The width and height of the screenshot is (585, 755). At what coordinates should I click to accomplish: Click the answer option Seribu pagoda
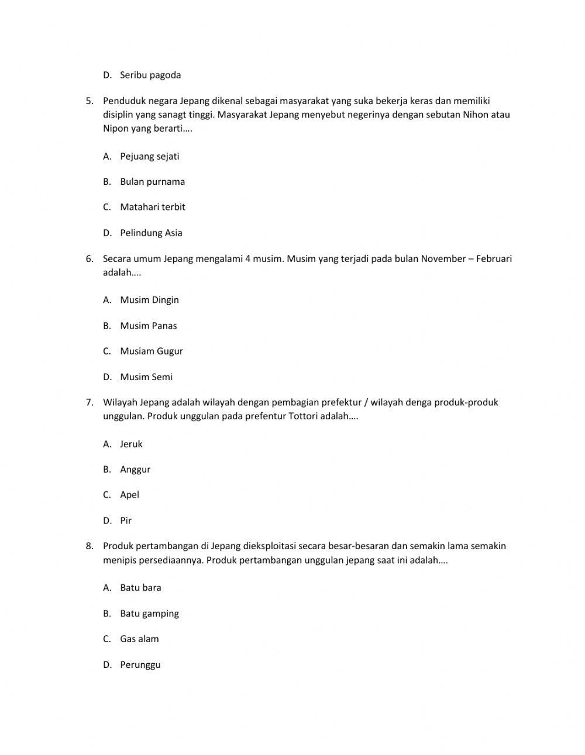tap(150, 75)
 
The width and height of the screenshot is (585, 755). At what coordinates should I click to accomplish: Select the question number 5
tap(89, 101)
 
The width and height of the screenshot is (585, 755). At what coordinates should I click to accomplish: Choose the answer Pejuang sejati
tap(149, 156)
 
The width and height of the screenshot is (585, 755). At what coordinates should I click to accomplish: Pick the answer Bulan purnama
tap(152, 181)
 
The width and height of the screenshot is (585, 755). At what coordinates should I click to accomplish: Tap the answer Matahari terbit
tap(152, 207)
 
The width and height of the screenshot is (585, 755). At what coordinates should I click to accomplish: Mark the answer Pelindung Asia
tap(151, 233)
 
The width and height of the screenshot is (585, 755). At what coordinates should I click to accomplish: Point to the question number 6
tap(89, 258)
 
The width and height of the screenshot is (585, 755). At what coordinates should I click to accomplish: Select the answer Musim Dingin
tap(149, 300)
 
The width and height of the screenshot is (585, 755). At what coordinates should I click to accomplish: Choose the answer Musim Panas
tap(148, 326)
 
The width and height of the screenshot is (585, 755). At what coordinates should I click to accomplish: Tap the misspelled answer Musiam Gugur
tap(151, 351)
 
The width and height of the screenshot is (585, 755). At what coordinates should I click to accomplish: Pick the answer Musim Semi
tap(146, 377)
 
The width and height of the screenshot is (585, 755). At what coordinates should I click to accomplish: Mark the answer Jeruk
tap(131, 444)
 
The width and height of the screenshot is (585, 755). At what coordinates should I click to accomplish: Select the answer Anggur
tap(135, 469)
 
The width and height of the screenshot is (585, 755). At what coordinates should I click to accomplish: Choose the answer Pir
tap(126, 520)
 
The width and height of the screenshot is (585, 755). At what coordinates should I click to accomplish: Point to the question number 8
tap(89, 546)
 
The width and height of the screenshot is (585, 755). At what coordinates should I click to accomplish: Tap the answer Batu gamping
tap(149, 613)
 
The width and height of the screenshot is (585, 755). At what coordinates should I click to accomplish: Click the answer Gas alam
tap(139, 639)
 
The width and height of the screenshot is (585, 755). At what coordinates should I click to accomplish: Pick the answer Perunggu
tap(140, 665)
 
